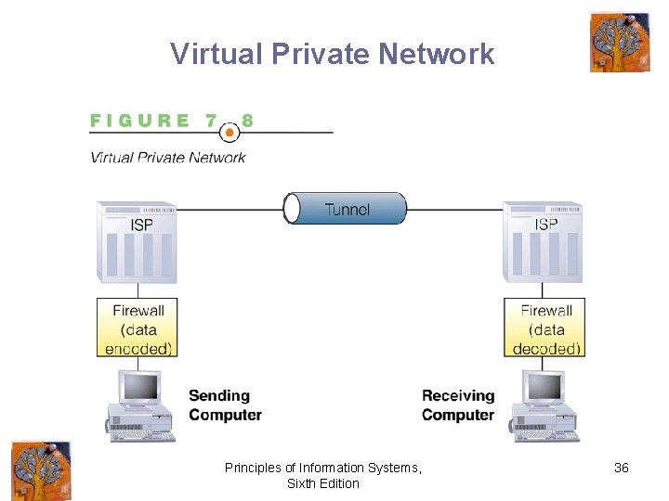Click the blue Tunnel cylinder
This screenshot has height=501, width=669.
point(346,209)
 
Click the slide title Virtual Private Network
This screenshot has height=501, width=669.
point(333,54)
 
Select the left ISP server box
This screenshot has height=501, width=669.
point(138,242)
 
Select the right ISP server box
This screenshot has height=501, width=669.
point(544,242)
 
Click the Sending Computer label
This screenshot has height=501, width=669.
point(225,405)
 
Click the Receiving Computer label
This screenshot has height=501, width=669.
point(458,405)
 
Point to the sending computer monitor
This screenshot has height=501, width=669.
point(140,387)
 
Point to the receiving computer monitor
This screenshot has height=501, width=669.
point(544,387)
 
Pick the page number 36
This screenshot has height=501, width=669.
point(622,468)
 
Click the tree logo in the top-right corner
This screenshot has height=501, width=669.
point(620,42)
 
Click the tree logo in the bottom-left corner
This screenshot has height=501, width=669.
point(41,470)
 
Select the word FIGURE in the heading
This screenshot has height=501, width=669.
point(140,121)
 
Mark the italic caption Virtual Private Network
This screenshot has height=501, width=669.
point(168,157)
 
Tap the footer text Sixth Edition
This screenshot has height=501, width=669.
point(322,483)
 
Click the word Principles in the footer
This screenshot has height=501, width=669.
point(254,468)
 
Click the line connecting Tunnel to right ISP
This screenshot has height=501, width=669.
point(455,210)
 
